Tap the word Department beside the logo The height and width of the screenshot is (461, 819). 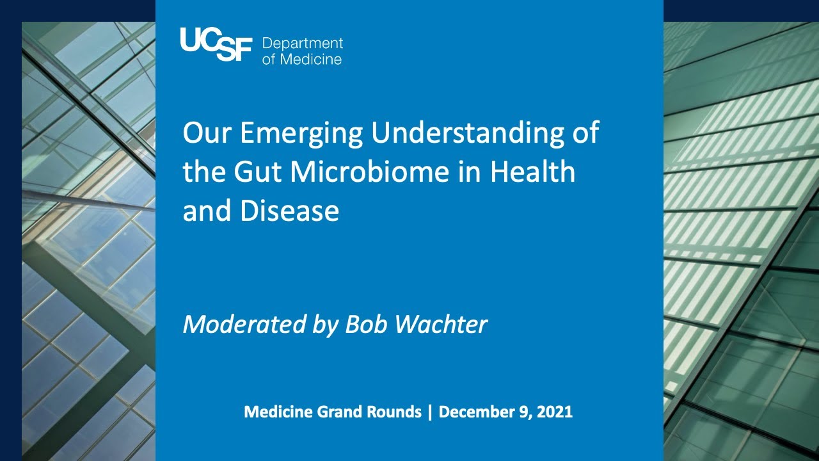pos(303,44)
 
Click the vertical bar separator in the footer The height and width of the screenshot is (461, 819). pos(430,412)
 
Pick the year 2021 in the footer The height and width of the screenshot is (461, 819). pos(554,412)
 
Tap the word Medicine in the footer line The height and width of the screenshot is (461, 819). pos(278,412)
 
